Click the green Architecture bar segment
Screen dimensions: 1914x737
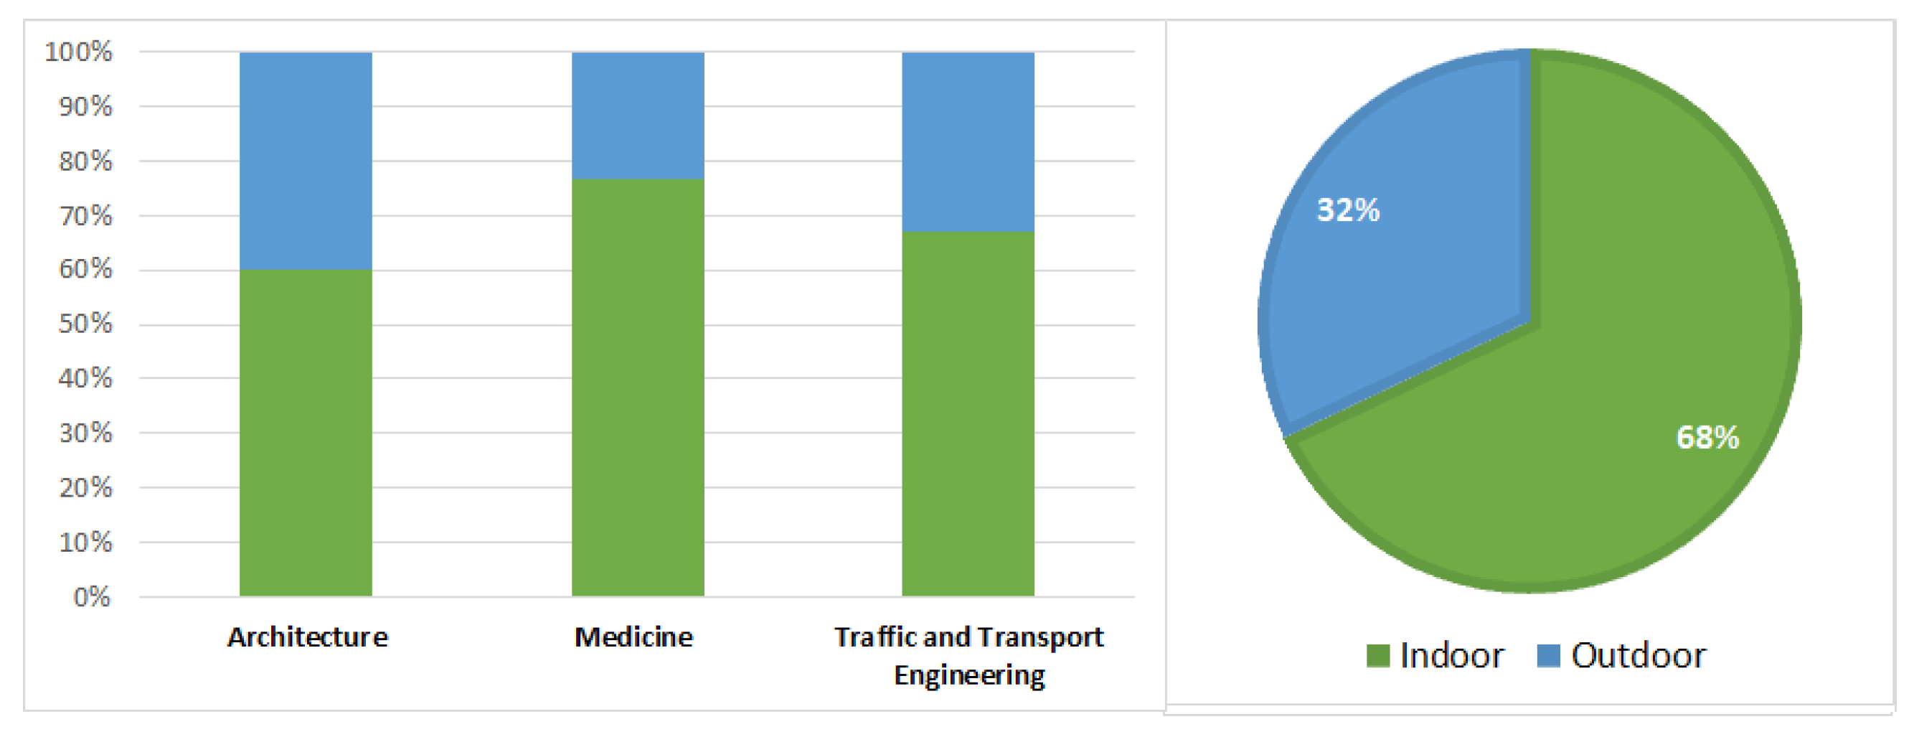tap(306, 433)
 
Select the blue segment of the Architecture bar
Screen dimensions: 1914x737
tap(306, 161)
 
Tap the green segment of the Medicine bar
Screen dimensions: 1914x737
tap(638, 387)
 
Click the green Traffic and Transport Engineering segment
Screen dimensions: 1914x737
tap(967, 414)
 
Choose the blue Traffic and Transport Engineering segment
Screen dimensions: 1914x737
tap(967, 142)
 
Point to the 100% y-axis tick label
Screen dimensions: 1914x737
tap(78, 52)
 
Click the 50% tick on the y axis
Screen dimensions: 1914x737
tap(85, 324)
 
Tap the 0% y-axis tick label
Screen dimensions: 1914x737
tap(92, 596)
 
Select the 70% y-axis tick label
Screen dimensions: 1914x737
tap(85, 215)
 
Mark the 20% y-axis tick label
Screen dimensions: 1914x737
tap(85, 487)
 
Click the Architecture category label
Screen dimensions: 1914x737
tap(307, 637)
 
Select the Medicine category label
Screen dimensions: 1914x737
tap(633, 637)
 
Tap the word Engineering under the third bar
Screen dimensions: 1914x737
tap(969, 676)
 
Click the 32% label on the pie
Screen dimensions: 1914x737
tap(1348, 210)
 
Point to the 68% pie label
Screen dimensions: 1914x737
tap(1707, 438)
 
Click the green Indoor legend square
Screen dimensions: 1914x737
tap(1378, 655)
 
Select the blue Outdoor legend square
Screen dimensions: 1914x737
tap(1548, 655)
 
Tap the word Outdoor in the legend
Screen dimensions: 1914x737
tap(1639, 655)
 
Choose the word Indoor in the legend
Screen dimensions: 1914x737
tap(1452, 655)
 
